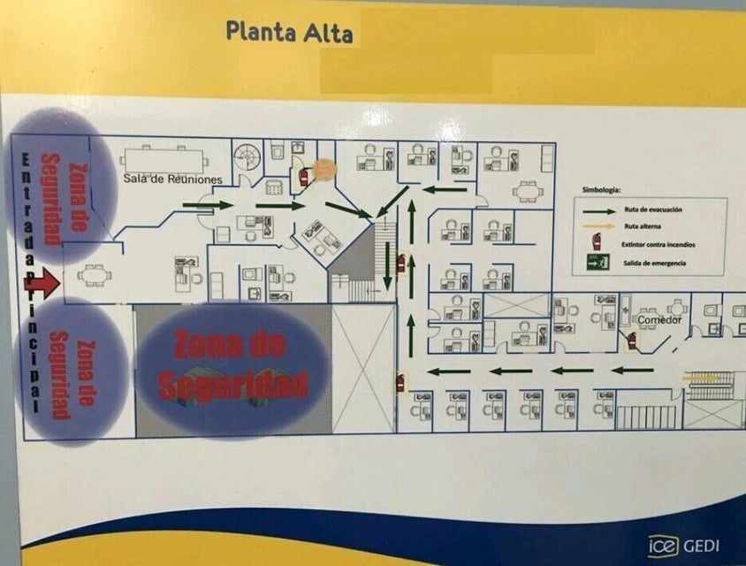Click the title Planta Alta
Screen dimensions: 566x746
click(x=289, y=32)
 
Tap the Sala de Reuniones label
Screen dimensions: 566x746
click(x=172, y=180)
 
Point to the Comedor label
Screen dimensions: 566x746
click(x=659, y=319)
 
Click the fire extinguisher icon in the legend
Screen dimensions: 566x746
click(x=598, y=241)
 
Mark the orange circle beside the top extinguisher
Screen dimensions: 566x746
click(x=324, y=168)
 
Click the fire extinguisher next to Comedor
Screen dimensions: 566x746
click(x=631, y=339)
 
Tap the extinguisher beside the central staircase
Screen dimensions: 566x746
click(x=401, y=262)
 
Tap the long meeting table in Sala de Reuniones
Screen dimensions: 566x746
click(x=164, y=159)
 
